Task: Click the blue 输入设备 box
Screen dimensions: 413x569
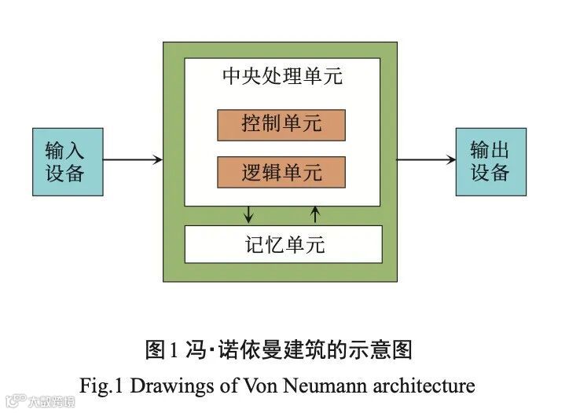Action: tap(68, 161)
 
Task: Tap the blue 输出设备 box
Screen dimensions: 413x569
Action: tap(490, 161)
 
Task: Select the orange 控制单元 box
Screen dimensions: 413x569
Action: tap(281, 125)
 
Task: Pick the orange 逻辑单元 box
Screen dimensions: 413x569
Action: tap(281, 172)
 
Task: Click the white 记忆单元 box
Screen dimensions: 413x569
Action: tap(283, 244)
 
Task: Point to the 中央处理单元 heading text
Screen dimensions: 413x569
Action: tap(282, 78)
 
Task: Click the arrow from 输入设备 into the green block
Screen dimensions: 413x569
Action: tap(133, 160)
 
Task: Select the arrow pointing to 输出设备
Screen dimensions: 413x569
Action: tap(426, 160)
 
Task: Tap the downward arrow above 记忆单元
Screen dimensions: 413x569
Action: tap(250, 214)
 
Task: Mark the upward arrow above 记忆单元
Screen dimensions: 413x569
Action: tap(315, 214)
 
